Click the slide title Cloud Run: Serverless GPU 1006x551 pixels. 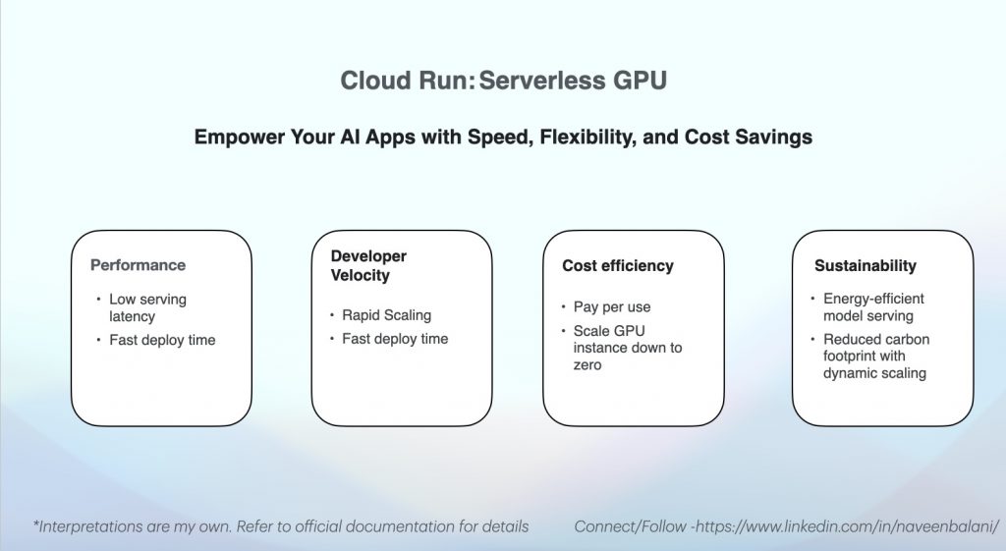point(504,81)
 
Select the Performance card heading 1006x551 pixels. point(138,265)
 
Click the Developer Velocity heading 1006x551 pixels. point(369,265)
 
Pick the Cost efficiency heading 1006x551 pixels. point(618,265)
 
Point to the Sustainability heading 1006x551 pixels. point(866,265)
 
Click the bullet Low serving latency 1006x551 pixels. point(147,307)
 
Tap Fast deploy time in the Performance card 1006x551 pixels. point(162,340)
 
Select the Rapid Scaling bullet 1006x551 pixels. point(386,315)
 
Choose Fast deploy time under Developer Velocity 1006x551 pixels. point(395,339)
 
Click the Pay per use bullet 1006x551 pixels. point(612,307)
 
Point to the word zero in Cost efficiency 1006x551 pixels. point(587,365)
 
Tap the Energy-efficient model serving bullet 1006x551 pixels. point(873,307)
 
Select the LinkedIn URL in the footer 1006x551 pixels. point(848,526)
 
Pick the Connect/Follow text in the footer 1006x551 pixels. point(630,526)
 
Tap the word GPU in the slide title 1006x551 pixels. point(641,81)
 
